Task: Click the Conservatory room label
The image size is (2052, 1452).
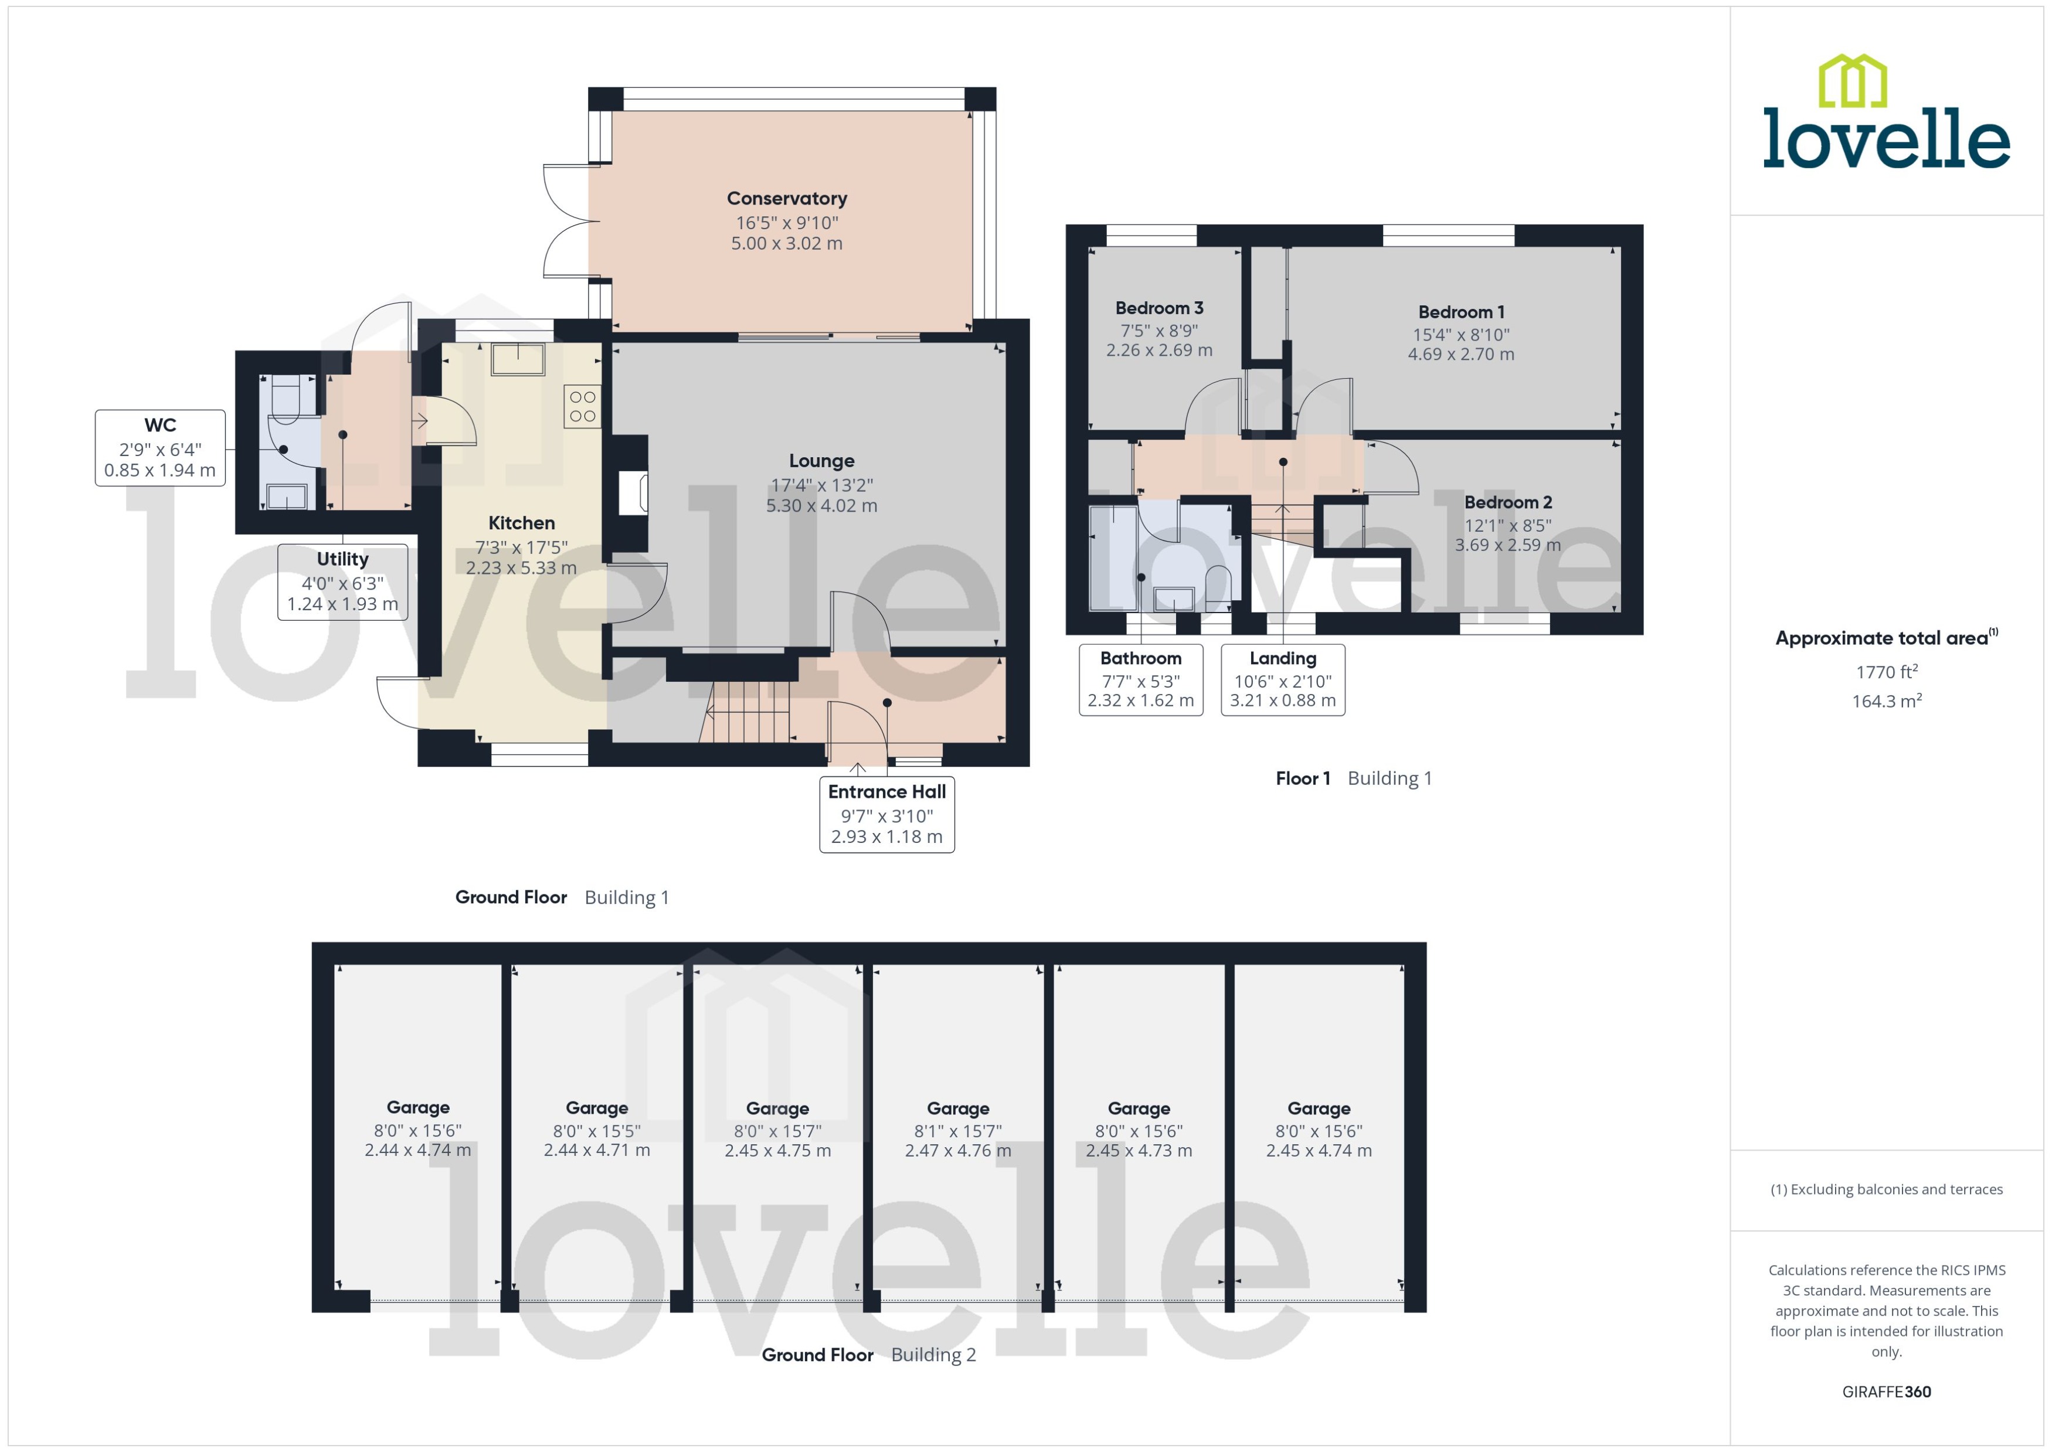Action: [786, 199]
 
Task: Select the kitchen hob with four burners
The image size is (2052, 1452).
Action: [582, 407]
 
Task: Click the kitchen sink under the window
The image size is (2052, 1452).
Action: [518, 359]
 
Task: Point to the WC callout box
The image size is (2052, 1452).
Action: [160, 448]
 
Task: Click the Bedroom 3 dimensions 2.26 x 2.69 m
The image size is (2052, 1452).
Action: [1159, 351]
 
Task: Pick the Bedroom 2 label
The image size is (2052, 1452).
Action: [1507, 502]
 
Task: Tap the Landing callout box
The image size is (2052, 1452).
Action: [1282, 679]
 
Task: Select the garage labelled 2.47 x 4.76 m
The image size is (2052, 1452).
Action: [957, 1151]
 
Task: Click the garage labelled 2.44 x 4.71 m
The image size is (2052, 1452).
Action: [596, 1151]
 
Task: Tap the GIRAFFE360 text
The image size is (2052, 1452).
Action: [1885, 1392]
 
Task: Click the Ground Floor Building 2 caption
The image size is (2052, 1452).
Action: [868, 1355]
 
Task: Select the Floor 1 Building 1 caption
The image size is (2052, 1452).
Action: [1353, 778]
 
